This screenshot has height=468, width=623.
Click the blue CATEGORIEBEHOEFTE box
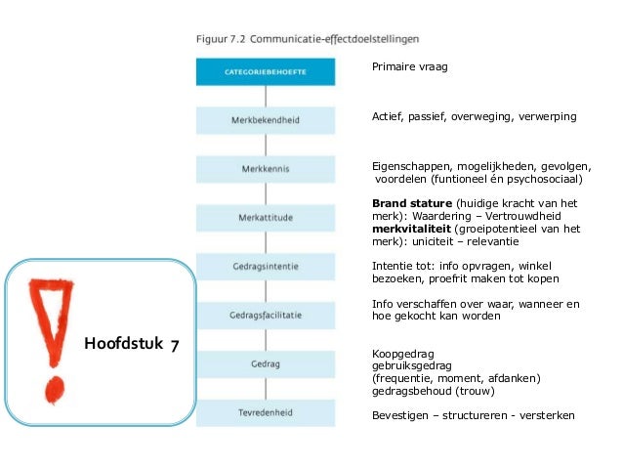tap(266, 72)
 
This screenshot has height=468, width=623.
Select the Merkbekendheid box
tap(266, 121)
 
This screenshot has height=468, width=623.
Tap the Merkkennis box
tap(266, 169)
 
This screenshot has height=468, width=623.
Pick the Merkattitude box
tap(266, 217)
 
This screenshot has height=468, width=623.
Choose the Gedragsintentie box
tap(266, 266)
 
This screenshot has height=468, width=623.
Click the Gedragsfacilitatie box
tap(266, 315)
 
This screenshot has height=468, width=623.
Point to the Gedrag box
tap(266, 363)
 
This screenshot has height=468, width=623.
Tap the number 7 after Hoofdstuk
tap(172, 344)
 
